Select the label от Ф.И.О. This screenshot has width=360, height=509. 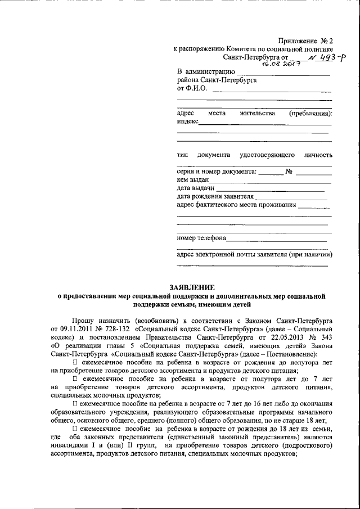pos(192,88)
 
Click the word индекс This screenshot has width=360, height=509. pos(187,121)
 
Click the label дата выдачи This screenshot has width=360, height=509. pos(195,188)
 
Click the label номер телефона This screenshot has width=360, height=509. pos(201,237)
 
